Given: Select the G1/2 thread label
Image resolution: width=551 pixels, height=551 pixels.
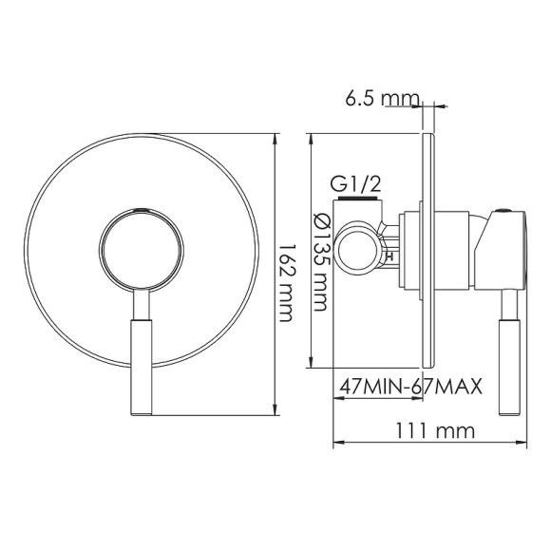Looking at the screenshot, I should (x=355, y=184).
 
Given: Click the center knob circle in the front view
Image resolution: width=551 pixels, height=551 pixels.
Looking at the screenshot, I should (x=140, y=244).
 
